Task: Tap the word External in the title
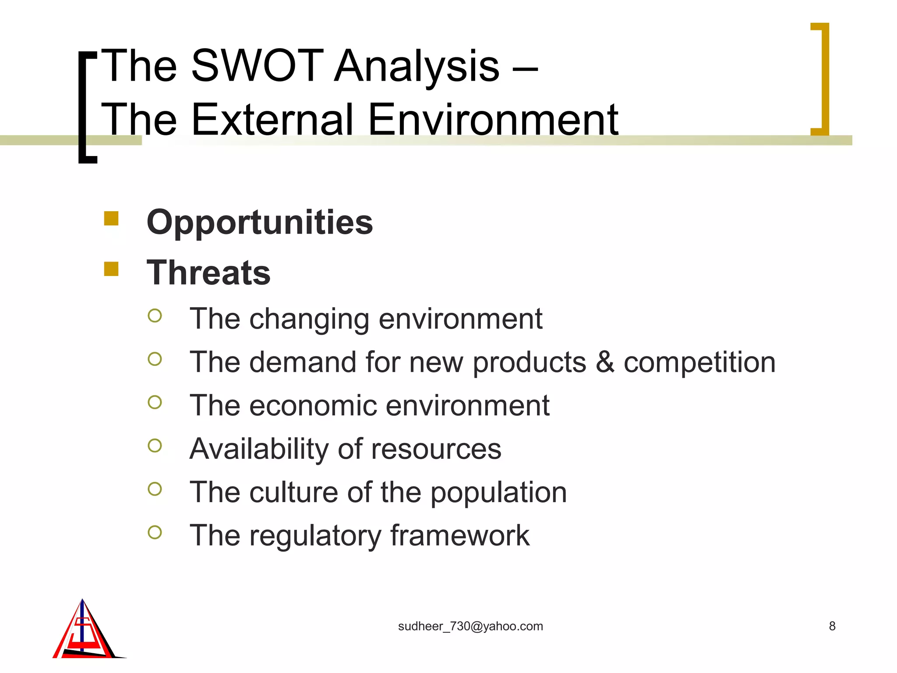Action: (272, 119)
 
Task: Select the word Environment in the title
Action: (493, 119)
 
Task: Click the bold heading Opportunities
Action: (260, 223)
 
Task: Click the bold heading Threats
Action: (208, 273)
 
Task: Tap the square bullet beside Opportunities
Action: (111, 218)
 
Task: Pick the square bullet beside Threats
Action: (111, 269)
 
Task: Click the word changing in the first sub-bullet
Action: (309, 319)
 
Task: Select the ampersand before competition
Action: (605, 362)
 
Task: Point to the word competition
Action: (699, 363)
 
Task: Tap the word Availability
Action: (259, 449)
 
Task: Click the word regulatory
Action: (315, 536)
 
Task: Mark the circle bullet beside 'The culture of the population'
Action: (155, 489)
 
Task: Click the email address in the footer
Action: (470, 626)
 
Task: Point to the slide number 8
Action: (832, 626)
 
